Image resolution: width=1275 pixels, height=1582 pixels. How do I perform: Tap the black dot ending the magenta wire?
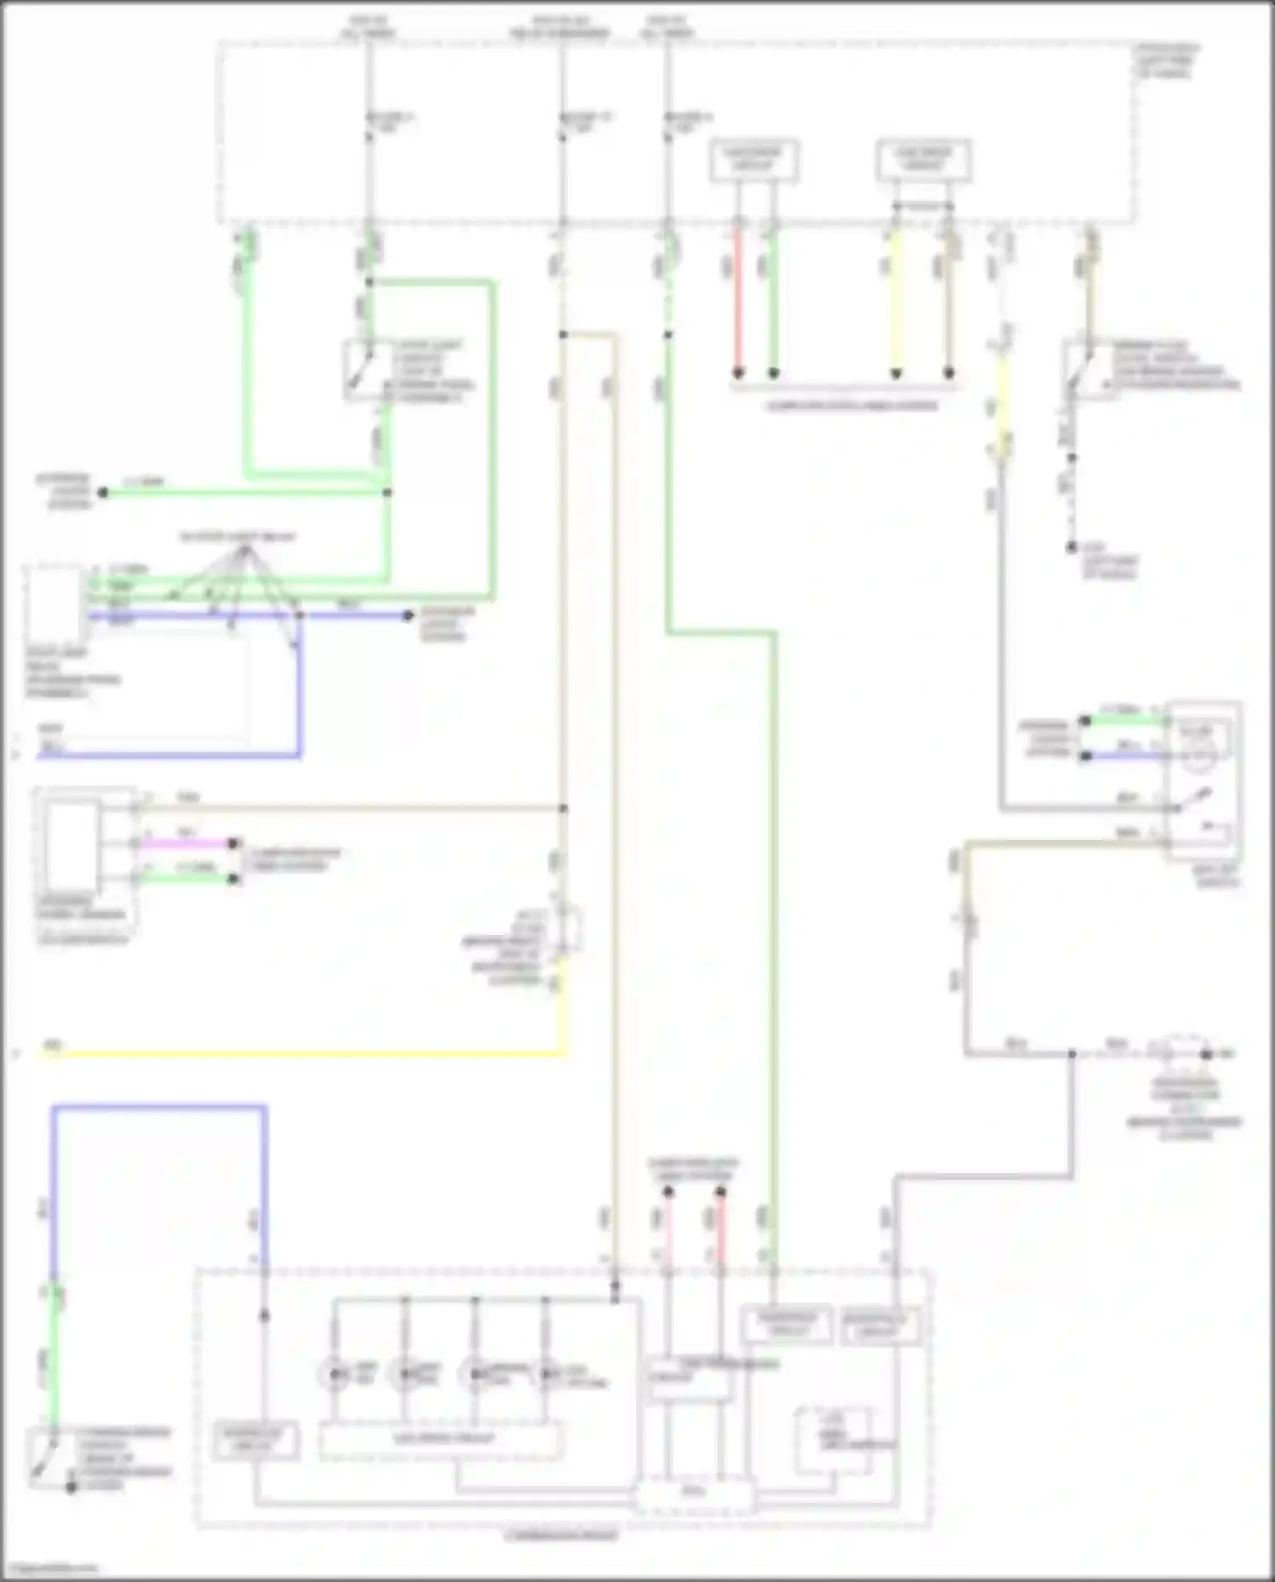click(x=233, y=843)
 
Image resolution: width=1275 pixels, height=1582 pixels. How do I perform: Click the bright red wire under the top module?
click(x=738, y=298)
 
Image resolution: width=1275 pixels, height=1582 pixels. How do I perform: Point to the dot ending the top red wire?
click(x=738, y=373)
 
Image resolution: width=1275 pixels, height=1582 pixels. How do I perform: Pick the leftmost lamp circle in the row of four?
click(x=334, y=1375)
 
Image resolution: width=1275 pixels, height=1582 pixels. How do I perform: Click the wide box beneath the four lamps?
click(x=440, y=1440)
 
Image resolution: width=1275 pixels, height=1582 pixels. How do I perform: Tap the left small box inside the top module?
click(x=754, y=160)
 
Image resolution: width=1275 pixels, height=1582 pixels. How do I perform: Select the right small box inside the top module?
click(x=923, y=160)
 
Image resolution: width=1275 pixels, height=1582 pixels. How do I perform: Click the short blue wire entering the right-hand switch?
click(x=1126, y=755)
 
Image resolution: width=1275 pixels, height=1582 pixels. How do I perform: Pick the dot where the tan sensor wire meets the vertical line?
click(x=563, y=808)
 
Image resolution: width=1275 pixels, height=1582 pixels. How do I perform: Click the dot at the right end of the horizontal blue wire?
click(x=409, y=615)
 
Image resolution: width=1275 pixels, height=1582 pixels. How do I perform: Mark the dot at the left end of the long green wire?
click(x=103, y=493)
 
